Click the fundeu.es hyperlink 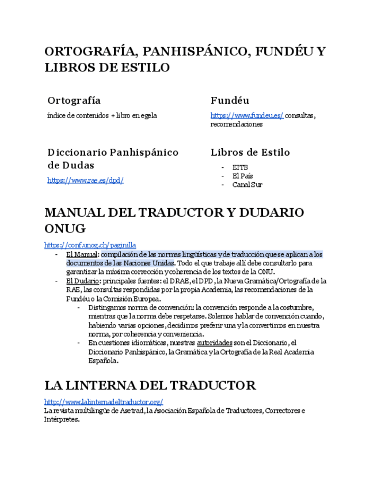247,116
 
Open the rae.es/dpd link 85,180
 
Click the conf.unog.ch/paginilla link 90,245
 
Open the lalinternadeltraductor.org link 104,401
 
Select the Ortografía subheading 74,100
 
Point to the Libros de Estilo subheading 250,152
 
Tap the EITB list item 240,167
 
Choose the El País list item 242,176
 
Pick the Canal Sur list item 247,185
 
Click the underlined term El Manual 82,254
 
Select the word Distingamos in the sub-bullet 107,307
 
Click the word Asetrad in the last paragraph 132,411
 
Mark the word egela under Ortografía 149,116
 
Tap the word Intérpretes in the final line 62,419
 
